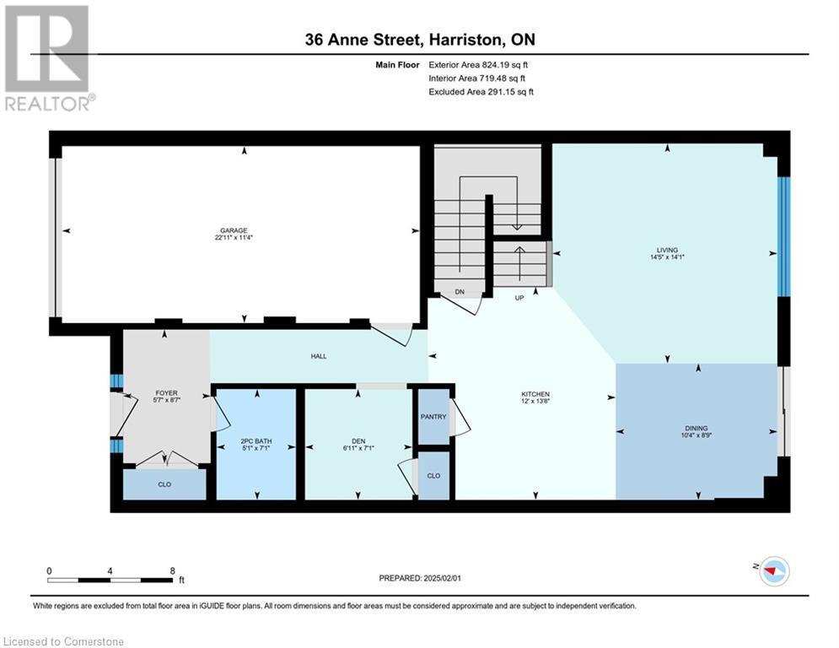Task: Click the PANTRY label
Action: point(433,416)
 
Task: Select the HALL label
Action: point(318,356)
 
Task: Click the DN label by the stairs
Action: point(460,292)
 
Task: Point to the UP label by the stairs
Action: point(520,298)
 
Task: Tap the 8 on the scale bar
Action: point(172,570)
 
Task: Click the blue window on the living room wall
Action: point(784,236)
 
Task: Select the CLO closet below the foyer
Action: point(164,485)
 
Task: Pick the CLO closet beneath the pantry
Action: point(433,476)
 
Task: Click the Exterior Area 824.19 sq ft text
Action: point(478,64)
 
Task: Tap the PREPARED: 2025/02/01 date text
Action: point(421,578)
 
